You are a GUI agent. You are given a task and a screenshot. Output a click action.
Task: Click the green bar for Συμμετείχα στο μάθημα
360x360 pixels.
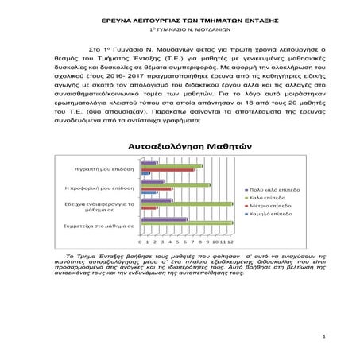[188, 223]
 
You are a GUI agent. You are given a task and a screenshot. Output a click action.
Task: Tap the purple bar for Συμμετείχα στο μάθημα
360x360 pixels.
[165, 219]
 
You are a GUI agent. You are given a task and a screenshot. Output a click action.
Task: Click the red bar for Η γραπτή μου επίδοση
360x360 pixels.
[168, 169]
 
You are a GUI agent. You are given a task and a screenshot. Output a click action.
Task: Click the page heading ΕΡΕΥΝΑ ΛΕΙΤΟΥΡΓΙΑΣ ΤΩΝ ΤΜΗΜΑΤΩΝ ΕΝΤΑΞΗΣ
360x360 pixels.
[179, 17]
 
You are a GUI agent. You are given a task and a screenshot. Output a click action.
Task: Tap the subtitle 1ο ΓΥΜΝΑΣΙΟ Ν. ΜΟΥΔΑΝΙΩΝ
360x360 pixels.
[179, 28]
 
